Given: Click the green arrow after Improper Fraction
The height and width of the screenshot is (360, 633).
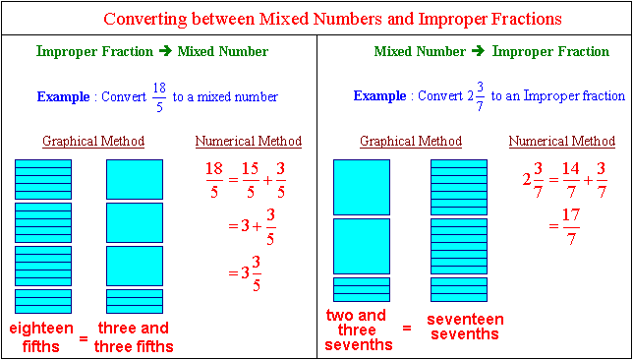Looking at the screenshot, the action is [x=165, y=52].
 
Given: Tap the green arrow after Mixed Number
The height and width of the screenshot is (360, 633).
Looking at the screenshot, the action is [x=479, y=52].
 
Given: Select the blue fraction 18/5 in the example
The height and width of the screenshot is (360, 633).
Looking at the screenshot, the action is [x=159, y=97].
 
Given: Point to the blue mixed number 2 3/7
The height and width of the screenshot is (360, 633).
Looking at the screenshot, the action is [x=474, y=97].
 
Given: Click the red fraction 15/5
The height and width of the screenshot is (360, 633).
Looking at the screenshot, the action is [x=251, y=180].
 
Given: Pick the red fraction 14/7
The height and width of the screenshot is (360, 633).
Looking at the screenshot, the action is [x=571, y=180].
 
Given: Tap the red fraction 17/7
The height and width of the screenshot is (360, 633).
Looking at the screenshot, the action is [x=570, y=227].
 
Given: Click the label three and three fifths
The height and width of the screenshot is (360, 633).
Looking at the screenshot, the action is [x=134, y=337].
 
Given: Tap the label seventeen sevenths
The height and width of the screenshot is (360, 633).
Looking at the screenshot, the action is [x=465, y=326].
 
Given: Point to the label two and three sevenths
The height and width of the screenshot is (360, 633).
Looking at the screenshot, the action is [x=360, y=330].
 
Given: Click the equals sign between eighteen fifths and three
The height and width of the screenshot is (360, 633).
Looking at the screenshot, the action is [x=84, y=338].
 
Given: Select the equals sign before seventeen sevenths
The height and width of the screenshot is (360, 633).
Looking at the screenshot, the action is [x=407, y=329].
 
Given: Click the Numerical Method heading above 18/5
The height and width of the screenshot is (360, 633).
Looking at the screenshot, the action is [x=249, y=142].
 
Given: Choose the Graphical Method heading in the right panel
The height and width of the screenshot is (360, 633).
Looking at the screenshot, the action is [x=411, y=142].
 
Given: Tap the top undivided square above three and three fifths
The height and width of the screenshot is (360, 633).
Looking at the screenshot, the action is [x=135, y=179].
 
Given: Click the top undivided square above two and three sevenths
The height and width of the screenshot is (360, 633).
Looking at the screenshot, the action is [x=362, y=187].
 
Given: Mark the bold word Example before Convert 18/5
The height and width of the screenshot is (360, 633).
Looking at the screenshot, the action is [x=63, y=97].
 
